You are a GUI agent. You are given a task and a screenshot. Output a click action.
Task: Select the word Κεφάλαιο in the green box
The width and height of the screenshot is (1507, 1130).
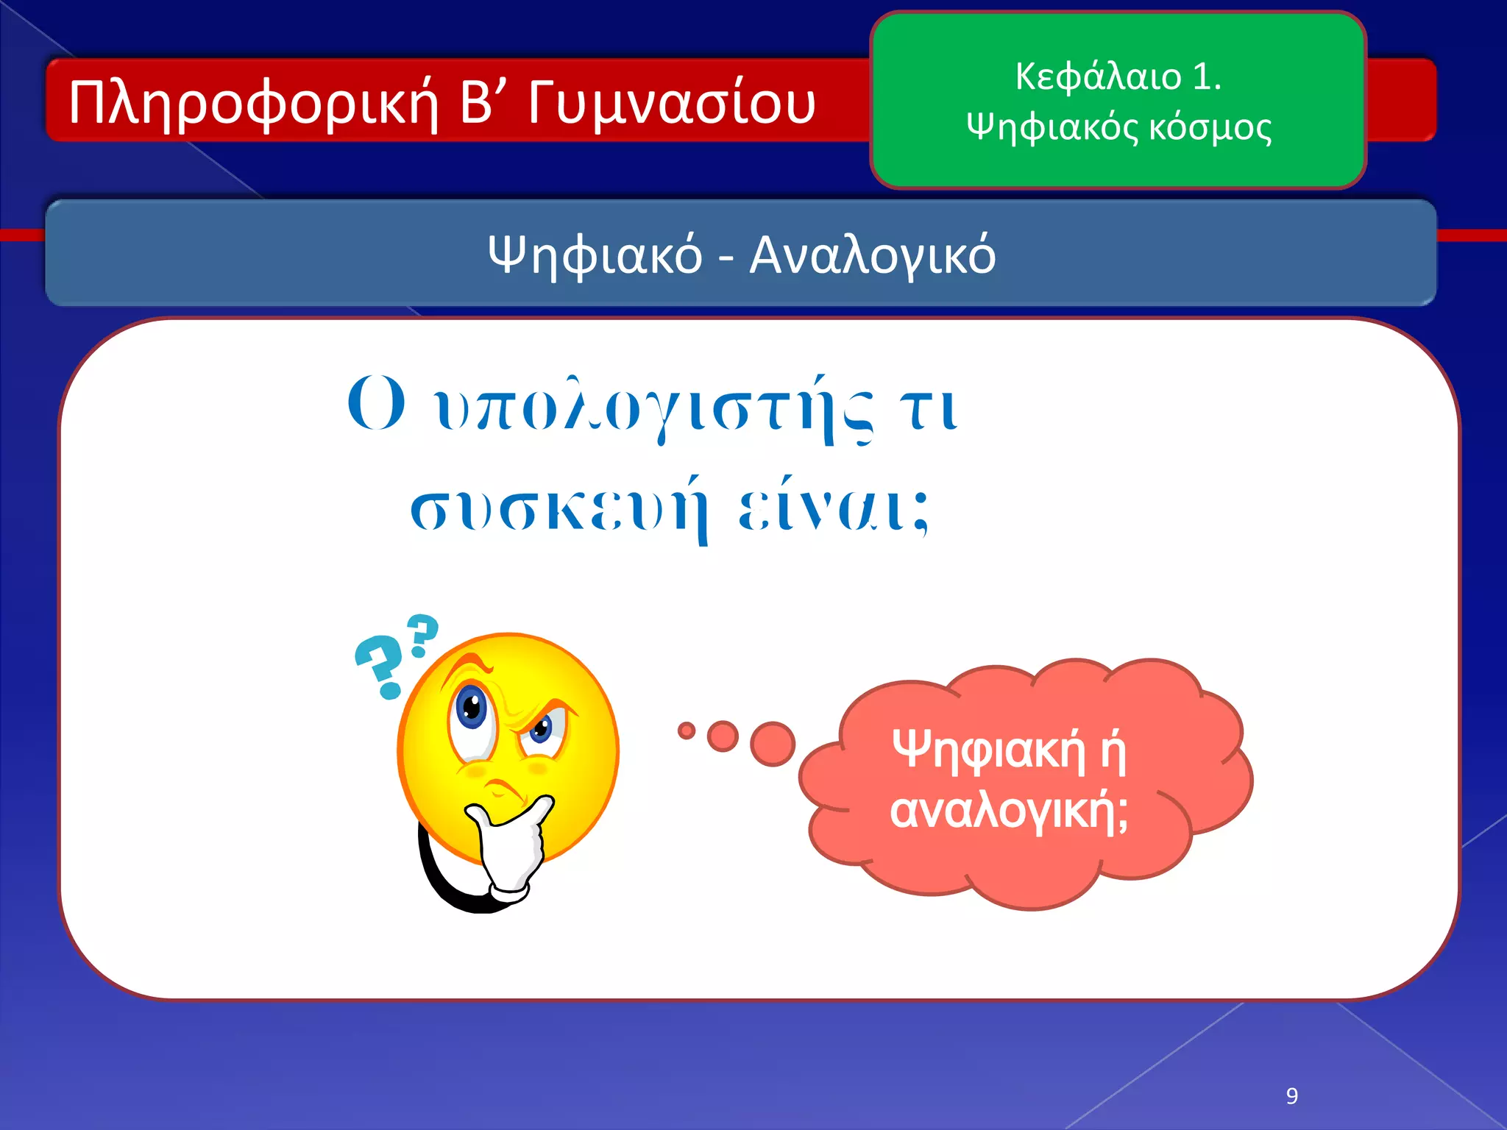coord(1098,76)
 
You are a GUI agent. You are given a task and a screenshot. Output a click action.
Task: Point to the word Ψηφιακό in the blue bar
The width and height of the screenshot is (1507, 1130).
coord(595,255)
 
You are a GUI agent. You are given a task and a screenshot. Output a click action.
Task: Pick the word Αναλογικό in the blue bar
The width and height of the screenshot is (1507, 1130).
coord(872,255)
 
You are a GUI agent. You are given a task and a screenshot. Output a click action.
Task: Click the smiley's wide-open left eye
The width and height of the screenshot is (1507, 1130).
coord(471,708)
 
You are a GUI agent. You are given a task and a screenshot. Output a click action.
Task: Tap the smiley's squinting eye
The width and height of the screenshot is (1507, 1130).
coord(542,730)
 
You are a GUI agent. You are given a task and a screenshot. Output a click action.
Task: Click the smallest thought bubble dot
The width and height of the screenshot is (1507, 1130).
coord(686,731)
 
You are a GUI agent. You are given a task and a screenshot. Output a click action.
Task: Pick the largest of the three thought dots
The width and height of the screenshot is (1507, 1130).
coord(773,743)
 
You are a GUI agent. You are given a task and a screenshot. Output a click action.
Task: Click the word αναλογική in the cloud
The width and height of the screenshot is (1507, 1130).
coord(1008,811)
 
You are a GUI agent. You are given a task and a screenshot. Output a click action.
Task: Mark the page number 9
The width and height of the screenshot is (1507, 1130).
coord(1291,1096)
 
